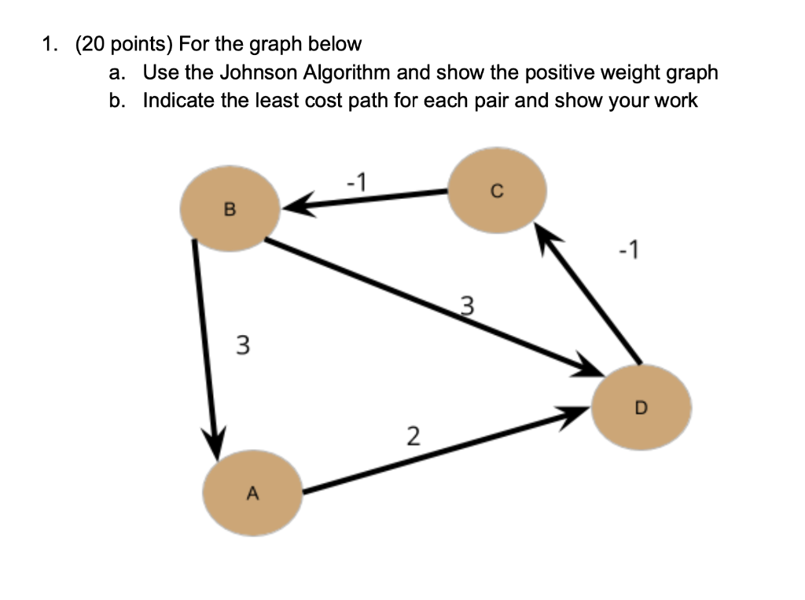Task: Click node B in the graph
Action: (x=229, y=209)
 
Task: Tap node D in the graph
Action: (x=641, y=407)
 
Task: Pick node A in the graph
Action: (x=252, y=493)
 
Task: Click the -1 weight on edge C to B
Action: (x=356, y=182)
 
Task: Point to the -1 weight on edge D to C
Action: (x=629, y=252)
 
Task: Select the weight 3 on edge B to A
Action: (x=244, y=344)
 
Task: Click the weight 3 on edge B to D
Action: (x=467, y=305)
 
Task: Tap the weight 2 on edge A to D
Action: (x=412, y=435)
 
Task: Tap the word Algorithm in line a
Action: (x=347, y=73)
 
